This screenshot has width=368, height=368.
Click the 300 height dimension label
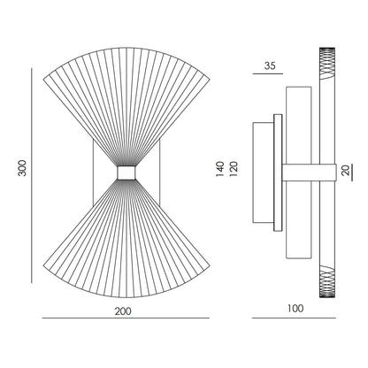tap(22, 168)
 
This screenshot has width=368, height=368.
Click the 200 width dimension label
tap(123, 311)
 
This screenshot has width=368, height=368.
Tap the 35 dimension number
tap(270, 65)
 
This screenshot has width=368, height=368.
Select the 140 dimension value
tap(220, 169)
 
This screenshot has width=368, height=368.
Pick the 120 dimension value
tap(234, 169)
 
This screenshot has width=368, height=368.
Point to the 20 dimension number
tap(345, 170)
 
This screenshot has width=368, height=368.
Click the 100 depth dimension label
tap(295, 309)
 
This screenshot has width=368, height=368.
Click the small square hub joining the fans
tap(126, 172)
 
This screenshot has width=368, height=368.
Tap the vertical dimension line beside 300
tap(32, 175)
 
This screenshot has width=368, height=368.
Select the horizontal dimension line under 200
tap(126, 318)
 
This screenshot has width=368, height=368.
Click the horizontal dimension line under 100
tap(294, 318)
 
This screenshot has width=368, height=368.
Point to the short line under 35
tap(268, 73)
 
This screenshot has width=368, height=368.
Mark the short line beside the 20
tap(352, 172)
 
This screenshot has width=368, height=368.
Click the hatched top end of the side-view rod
tap(327, 64)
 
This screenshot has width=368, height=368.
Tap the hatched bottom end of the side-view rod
tap(327, 281)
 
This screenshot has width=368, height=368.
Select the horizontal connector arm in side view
tap(310, 172)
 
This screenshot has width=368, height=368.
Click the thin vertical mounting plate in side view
tap(278, 172)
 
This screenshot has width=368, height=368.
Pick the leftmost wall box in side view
tap(264, 172)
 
